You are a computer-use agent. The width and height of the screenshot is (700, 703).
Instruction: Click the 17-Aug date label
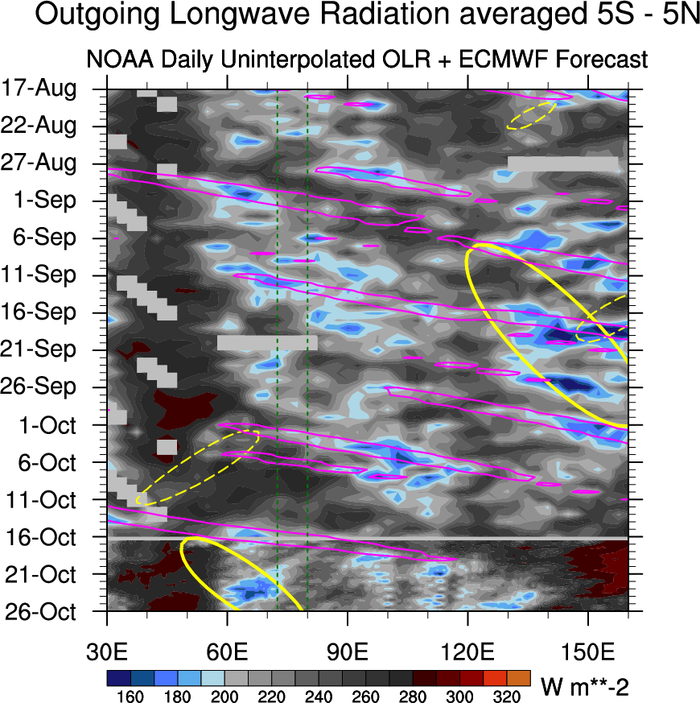coord(39,88)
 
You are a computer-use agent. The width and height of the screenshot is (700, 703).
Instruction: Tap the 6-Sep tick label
coord(44,238)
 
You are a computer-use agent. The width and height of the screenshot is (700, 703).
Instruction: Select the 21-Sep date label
coord(38,349)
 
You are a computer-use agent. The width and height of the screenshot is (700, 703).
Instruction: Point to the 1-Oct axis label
coord(47,424)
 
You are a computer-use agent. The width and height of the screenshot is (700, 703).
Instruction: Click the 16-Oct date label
coord(41,537)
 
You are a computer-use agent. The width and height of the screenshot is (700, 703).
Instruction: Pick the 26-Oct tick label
coord(41,611)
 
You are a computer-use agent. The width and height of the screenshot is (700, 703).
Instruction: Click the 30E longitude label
coord(107,652)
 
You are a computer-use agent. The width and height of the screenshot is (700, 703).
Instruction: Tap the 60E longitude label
coord(227,652)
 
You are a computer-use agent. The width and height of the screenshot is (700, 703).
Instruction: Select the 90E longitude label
coord(347,652)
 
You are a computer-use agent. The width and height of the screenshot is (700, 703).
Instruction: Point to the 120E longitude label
coord(467,652)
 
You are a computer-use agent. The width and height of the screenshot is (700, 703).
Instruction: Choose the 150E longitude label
coord(587,652)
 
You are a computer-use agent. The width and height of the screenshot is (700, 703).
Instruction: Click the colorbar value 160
coord(130,697)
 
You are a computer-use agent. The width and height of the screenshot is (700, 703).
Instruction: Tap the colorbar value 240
coord(319,697)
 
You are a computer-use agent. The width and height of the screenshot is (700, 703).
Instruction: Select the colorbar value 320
coord(507,697)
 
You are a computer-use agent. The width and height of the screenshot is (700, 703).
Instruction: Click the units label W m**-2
coord(585,687)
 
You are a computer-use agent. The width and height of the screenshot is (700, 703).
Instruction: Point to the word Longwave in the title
coord(240,14)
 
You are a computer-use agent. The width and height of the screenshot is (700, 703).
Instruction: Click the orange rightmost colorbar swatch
coord(519,678)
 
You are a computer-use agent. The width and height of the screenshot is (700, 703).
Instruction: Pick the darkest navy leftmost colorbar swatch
coord(119,678)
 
